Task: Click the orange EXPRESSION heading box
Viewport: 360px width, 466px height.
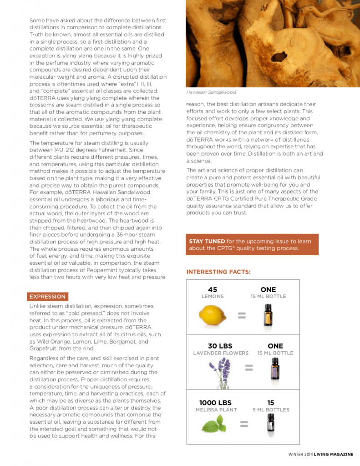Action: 47,296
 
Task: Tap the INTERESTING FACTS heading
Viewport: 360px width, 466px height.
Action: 218,272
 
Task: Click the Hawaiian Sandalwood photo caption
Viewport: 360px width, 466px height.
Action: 211,92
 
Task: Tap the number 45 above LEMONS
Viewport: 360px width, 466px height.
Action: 213,289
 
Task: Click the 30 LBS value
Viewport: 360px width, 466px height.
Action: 220,346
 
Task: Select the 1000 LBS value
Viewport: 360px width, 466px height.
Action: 215,403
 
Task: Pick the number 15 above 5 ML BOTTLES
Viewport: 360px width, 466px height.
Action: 271,403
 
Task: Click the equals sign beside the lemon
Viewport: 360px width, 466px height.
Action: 242,315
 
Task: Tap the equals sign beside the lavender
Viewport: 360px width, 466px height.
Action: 248,367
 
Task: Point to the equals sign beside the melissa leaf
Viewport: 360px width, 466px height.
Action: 244,424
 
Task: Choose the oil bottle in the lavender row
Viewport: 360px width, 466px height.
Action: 275,368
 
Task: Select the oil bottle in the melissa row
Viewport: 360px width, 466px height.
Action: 271,424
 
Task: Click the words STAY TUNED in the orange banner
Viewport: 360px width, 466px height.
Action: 207,241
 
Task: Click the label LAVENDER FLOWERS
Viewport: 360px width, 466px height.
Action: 221,353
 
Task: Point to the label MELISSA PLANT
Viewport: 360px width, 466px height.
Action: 216,410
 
